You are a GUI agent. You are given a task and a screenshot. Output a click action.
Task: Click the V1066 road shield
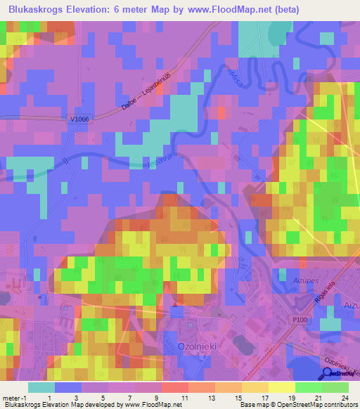[x=79, y=120]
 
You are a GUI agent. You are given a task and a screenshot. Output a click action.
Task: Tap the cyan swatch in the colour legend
[x=41, y=387]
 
